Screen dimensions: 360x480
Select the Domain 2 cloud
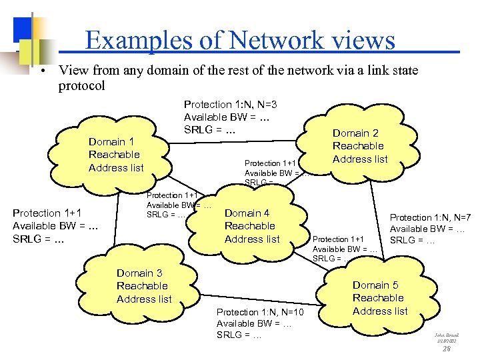(359, 146)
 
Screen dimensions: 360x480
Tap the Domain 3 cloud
(143, 286)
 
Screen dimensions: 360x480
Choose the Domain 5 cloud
(379, 297)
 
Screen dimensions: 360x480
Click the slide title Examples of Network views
(240, 41)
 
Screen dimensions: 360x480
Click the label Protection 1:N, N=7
(430, 217)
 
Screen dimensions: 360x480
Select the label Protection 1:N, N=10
(260, 312)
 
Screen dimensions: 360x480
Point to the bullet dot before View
(41, 71)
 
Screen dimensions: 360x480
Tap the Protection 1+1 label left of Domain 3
(46, 213)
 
